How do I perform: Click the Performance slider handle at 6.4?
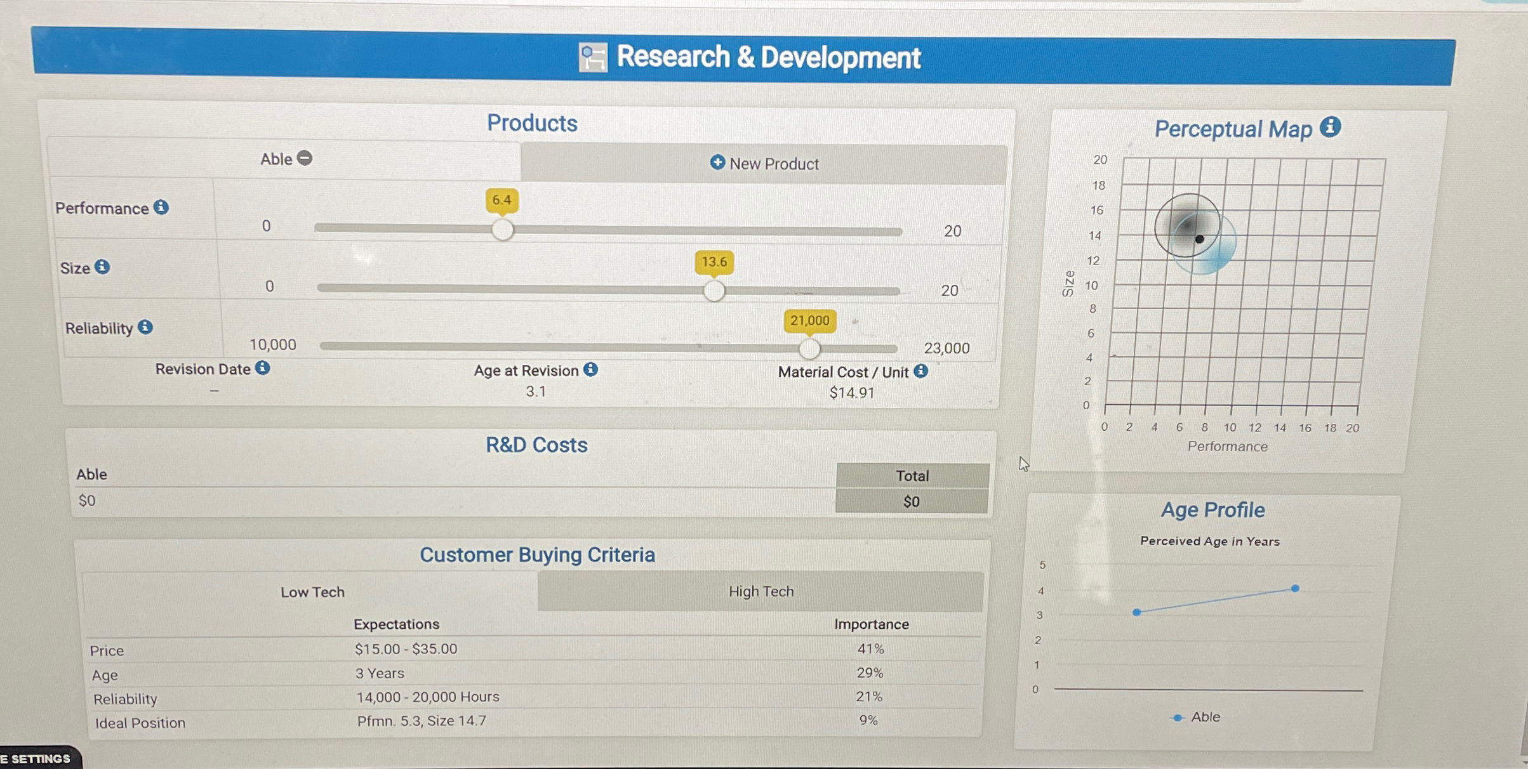point(502,230)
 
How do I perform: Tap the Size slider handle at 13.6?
point(714,291)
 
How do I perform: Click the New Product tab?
point(764,164)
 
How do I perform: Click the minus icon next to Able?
point(305,158)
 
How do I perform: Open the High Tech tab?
point(761,591)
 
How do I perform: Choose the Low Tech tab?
point(312,592)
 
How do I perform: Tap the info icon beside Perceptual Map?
point(1331,127)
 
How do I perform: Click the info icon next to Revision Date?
point(263,368)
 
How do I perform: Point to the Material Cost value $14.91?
point(851,393)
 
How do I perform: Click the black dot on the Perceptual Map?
point(1199,239)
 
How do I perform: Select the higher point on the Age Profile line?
point(1295,588)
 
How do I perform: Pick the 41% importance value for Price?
point(870,648)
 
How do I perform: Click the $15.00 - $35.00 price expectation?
point(406,648)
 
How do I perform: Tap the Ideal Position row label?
point(140,723)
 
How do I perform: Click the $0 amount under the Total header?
point(911,502)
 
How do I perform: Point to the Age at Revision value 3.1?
point(535,391)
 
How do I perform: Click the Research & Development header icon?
point(593,58)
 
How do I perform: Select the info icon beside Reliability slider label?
point(145,327)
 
